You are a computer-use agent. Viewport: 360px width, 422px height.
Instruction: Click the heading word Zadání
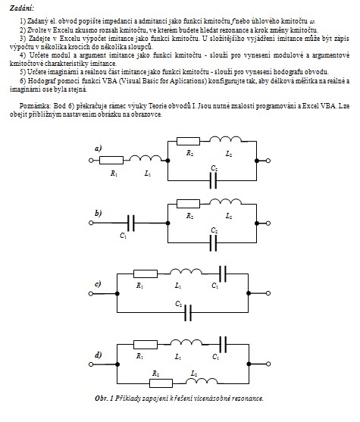22,8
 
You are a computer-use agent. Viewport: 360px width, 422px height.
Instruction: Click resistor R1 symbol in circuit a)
111,161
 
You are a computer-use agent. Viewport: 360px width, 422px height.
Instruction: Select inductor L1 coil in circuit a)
146,158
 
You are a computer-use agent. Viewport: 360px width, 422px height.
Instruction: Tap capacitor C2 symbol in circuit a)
213,180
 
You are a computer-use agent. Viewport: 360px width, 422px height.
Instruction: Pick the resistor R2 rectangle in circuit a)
188,141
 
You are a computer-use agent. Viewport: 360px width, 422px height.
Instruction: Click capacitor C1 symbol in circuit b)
131,223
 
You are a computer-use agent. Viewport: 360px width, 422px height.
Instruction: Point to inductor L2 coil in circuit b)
225,202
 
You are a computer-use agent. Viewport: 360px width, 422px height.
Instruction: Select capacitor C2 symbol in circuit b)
213,243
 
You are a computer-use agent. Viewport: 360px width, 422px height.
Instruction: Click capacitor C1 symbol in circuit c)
223,274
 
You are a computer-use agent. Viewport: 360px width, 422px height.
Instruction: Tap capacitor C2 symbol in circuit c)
188,313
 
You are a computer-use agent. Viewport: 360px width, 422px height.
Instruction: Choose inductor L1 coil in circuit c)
186,271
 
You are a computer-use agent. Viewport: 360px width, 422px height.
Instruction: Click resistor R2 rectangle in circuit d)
161,383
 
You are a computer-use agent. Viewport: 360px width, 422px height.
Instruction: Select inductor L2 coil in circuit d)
202,381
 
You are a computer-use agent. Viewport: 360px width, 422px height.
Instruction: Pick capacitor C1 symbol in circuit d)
223,345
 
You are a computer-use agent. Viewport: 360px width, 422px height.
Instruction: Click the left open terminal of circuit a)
91,161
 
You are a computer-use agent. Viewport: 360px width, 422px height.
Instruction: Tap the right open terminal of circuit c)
268,293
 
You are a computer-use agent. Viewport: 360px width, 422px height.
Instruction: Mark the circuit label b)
98,214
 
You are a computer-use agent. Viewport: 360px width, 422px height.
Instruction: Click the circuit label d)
98,355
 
